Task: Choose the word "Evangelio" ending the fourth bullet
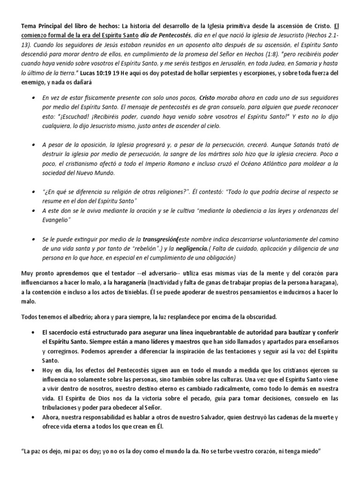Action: tap(55, 219)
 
